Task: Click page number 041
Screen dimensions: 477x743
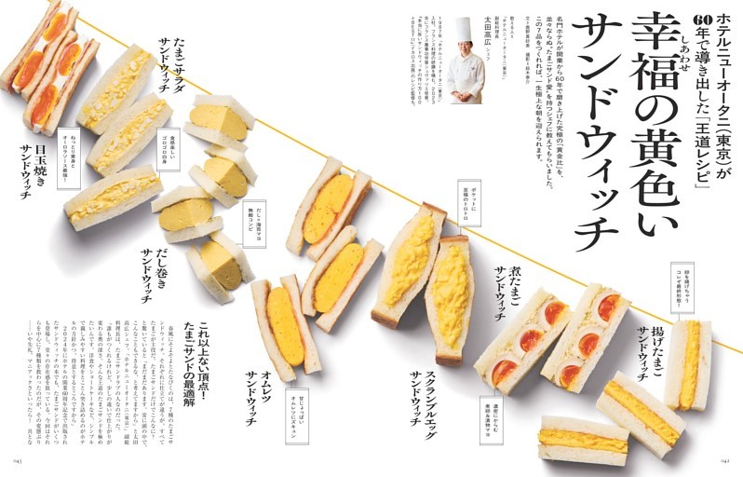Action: click(x=17, y=459)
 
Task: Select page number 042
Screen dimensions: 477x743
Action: click(x=725, y=459)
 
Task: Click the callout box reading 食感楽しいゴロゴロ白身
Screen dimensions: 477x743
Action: click(x=169, y=150)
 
